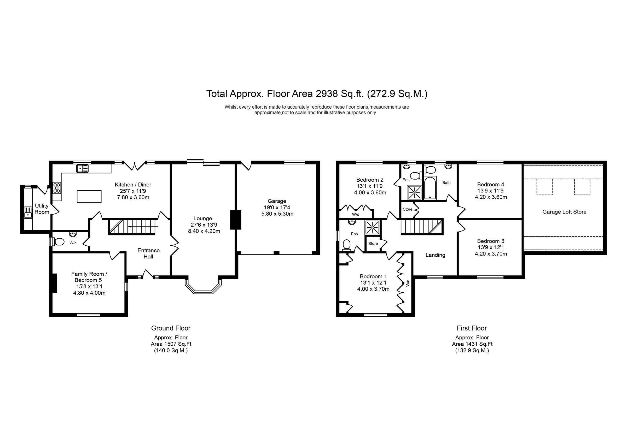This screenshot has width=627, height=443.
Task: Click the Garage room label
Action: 277,201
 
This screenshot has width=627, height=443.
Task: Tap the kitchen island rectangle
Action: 89,197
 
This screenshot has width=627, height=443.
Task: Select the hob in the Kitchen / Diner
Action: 57,188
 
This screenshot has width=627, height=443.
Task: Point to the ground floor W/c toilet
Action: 59,241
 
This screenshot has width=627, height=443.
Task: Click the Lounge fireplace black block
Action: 236,220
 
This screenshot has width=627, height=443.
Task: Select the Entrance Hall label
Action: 148,253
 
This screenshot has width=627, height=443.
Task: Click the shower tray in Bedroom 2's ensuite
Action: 415,192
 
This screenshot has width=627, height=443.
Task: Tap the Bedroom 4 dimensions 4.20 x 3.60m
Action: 491,197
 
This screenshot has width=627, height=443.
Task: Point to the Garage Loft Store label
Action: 564,212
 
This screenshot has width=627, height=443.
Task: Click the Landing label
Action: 435,255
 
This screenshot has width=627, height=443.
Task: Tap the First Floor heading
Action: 472,328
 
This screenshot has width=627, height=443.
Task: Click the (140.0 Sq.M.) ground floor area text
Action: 171,351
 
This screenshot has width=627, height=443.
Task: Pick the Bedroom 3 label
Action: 490,241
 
